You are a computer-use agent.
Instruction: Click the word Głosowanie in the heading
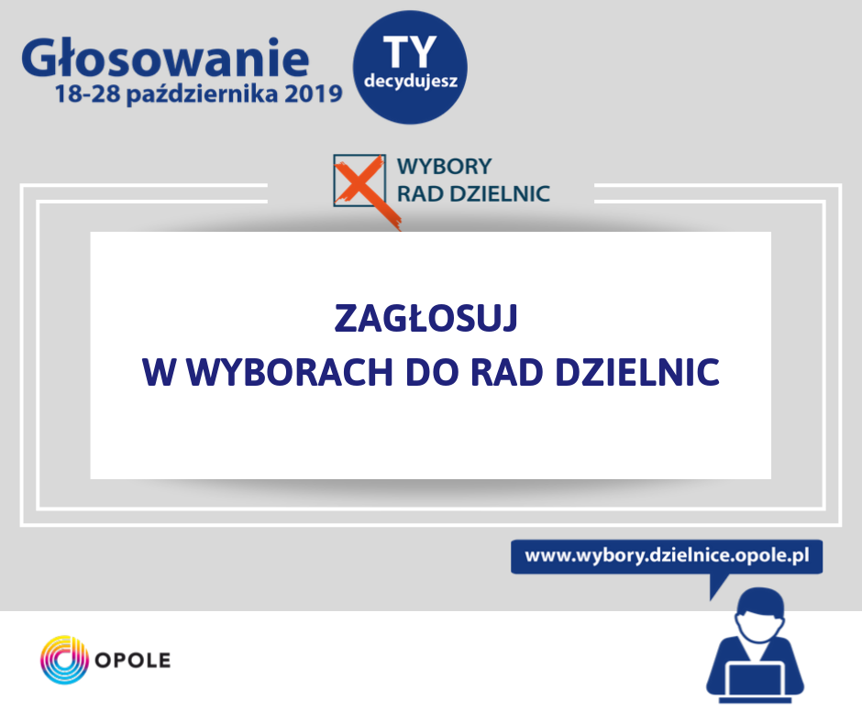coord(165,58)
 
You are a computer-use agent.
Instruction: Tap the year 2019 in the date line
coord(314,94)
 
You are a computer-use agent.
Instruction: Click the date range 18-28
coord(87,94)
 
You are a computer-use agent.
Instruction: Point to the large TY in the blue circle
coord(410,52)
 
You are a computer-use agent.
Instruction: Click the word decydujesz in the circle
coord(411,82)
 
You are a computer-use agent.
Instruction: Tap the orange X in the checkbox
coord(363,190)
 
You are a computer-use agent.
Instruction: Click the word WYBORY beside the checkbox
coord(444,167)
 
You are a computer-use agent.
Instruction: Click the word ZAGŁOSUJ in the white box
coord(426,318)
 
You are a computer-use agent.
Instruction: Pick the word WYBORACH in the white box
coord(290,372)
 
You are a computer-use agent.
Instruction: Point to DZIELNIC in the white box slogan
coord(637,372)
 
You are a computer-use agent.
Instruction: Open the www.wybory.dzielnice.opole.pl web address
coord(667,555)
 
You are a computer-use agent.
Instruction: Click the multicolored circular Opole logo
coord(64,660)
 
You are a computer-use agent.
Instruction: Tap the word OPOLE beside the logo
coord(133,660)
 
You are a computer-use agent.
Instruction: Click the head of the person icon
coord(761,613)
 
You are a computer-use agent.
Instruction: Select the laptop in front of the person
coord(756,683)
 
